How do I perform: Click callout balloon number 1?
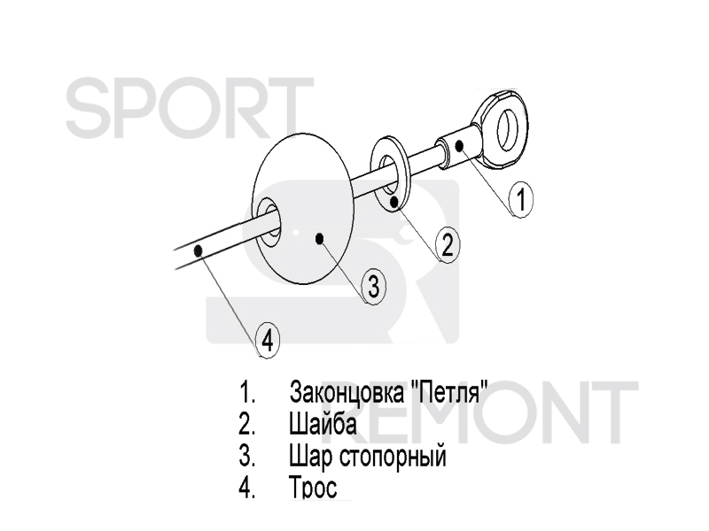(x=521, y=199)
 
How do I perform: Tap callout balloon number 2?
(x=448, y=245)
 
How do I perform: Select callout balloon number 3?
(x=374, y=287)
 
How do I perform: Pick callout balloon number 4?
(x=268, y=340)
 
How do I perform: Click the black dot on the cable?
(x=198, y=250)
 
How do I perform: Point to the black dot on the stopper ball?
(x=320, y=238)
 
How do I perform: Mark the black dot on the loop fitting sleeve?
(x=459, y=145)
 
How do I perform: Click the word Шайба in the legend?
(x=323, y=424)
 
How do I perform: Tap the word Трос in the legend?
(x=313, y=488)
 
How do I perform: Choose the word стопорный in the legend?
(x=393, y=457)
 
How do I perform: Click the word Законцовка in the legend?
(x=347, y=392)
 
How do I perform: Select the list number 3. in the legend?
(x=247, y=456)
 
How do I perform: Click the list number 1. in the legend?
(x=247, y=392)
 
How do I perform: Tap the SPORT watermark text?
(x=190, y=107)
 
